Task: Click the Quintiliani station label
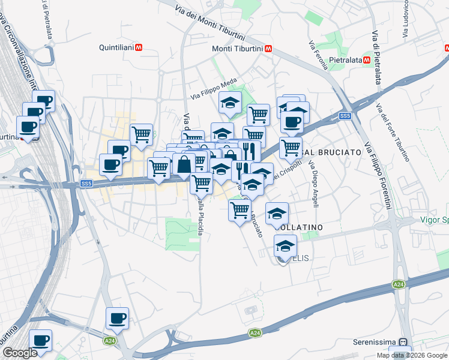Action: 117,47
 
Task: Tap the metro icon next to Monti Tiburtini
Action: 268,49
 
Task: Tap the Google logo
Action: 20,353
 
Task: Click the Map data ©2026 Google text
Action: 412,355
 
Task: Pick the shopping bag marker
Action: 184,163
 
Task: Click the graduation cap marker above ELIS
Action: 286,245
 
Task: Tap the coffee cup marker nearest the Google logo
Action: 40,340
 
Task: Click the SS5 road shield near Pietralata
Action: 345,116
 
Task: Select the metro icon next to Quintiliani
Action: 139,47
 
